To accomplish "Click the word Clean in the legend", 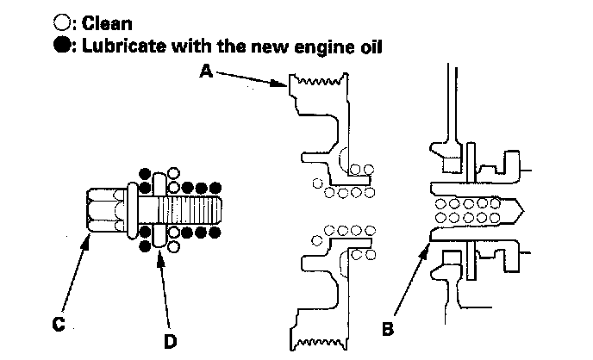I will [x=107, y=24].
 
